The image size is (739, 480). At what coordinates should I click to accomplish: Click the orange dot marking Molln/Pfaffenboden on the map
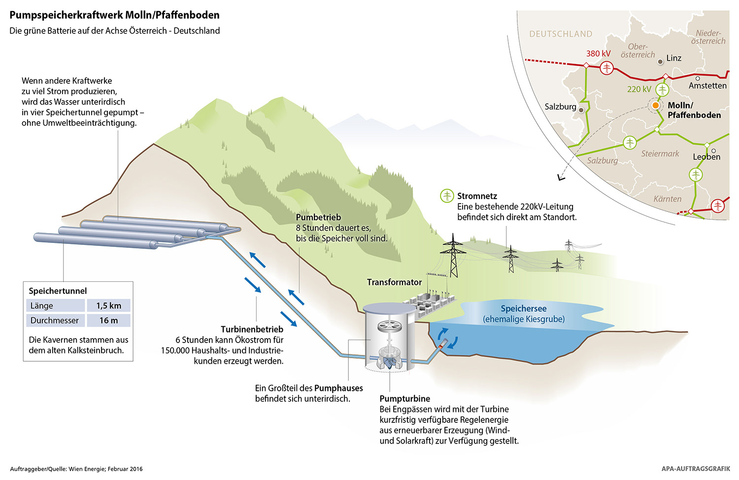point(655,105)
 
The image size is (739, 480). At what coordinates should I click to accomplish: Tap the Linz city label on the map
point(673,58)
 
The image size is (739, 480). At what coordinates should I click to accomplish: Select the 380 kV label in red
point(598,54)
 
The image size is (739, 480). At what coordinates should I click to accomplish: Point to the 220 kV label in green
point(639,89)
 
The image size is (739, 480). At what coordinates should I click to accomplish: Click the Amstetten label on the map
point(707,86)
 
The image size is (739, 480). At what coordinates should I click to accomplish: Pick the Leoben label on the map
point(706,157)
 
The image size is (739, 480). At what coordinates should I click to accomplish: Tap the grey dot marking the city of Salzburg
point(581,110)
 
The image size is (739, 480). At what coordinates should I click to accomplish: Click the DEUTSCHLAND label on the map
point(561,34)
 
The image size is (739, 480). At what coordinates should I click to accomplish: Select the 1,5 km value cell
point(108,306)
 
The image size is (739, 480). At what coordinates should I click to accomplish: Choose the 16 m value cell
point(108,320)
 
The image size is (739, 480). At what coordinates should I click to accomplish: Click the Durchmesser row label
point(55,320)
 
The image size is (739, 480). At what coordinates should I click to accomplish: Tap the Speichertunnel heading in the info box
point(58,291)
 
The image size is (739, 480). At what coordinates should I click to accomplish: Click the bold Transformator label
point(394,282)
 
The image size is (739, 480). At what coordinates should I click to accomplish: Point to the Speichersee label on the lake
point(523,309)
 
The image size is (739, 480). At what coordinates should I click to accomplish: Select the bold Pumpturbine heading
point(404,399)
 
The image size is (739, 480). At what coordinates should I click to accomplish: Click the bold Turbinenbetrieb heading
point(252,329)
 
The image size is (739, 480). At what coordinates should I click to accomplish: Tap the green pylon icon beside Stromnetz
point(447,196)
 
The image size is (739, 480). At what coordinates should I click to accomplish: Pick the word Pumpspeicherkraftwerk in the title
point(66,15)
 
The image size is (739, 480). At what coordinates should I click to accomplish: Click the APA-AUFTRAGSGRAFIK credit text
point(696,469)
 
